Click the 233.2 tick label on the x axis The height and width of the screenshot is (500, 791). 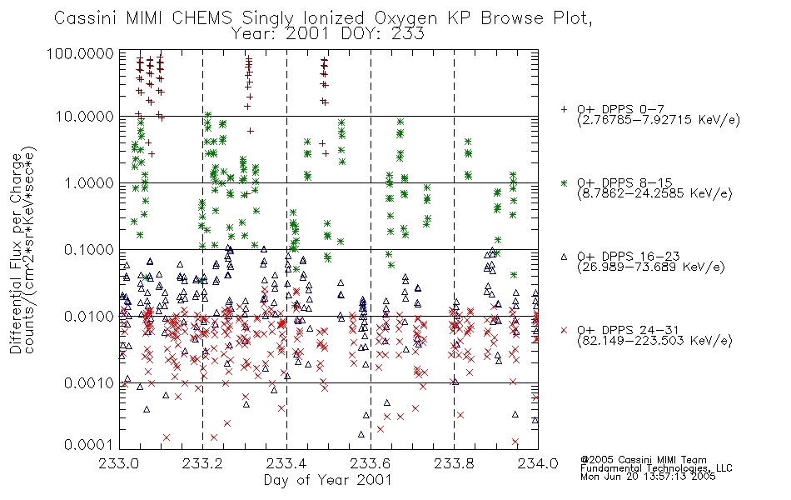[x=203, y=463]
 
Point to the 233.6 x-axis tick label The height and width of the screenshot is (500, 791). [x=371, y=463]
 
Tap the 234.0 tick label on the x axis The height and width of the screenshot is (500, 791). [x=538, y=463]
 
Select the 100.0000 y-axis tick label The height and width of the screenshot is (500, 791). [x=81, y=53]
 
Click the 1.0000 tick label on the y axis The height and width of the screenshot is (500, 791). [x=89, y=182]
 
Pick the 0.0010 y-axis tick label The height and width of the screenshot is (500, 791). [x=89, y=382]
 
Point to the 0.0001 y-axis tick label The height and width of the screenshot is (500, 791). [x=89, y=444]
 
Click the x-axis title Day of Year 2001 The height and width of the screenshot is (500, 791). [x=328, y=480]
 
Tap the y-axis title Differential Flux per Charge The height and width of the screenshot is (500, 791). [x=16, y=253]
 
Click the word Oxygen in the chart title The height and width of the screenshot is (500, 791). [x=406, y=18]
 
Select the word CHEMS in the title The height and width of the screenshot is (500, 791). [x=201, y=17]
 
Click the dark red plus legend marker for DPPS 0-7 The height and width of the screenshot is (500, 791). [x=564, y=108]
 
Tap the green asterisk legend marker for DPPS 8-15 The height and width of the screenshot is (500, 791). [x=564, y=182]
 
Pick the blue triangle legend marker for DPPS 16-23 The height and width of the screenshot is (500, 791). [x=564, y=257]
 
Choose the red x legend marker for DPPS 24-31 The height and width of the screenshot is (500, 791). [x=564, y=330]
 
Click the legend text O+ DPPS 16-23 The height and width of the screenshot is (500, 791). [x=629, y=257]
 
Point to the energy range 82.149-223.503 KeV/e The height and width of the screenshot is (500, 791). [x=654, y=341]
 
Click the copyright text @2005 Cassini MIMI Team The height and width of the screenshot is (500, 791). [x=644, y=460]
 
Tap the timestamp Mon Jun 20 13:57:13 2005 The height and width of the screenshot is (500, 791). [x=649, y=477]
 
